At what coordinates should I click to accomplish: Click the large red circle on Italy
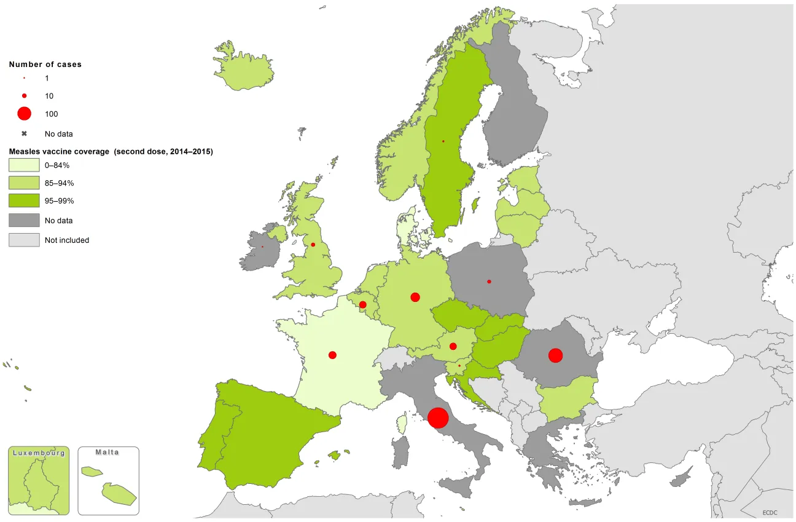pyautogui.click(x=438, y=417)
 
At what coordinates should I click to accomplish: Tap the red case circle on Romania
pyautogui.click(x=555, y=355)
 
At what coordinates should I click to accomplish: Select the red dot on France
pyautogui.click(x=332, y=355)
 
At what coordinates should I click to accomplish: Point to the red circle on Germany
pyautogui.click(x=415, y=297)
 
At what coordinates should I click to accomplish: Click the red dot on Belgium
pyautogui.click(x=362, y=304)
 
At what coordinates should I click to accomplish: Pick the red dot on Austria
pyautogui.click(x=453, y=346)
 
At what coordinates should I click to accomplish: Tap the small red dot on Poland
pyautogui.click(x=489, y=282)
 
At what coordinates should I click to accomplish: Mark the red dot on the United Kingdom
pyautogui.click(x=313, y=245)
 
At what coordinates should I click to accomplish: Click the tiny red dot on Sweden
pyautogui.click(x=443, y=141)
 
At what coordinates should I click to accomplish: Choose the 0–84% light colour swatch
pyautogui.click(x=24, y=165)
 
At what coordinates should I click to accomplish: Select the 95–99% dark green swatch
pyautogui.click(x=24, y=200)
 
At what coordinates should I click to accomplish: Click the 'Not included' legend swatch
pyautogui.click(x=24, y=240)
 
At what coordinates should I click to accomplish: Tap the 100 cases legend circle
pyautogui.click(x=24, y=113)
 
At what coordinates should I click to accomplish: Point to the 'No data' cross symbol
pyautogui.click(x=24, y=133)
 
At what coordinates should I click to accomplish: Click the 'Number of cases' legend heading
pyautogui.click(x=45, y=64)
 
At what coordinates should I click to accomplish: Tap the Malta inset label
pyautogui.click(x=107, y=452)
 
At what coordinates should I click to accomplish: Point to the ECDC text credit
pyautogui.click(x=770, y=512)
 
